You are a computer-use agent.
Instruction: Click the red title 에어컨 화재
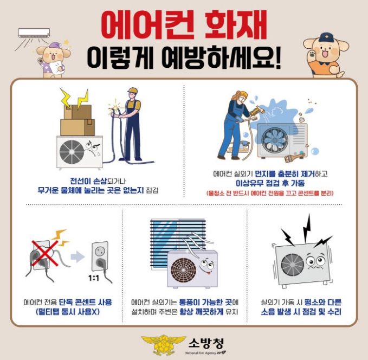184,25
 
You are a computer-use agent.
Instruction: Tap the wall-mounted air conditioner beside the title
34,33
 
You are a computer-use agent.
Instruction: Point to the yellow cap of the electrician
133,91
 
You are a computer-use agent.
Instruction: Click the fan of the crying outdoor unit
72,152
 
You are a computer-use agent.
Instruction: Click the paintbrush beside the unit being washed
294,157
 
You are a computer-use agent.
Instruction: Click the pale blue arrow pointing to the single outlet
77,256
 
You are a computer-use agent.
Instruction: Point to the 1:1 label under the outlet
94,278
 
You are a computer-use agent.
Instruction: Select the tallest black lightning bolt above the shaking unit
307,228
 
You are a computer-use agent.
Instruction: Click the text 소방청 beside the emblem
206,343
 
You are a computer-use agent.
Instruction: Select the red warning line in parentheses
270,193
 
